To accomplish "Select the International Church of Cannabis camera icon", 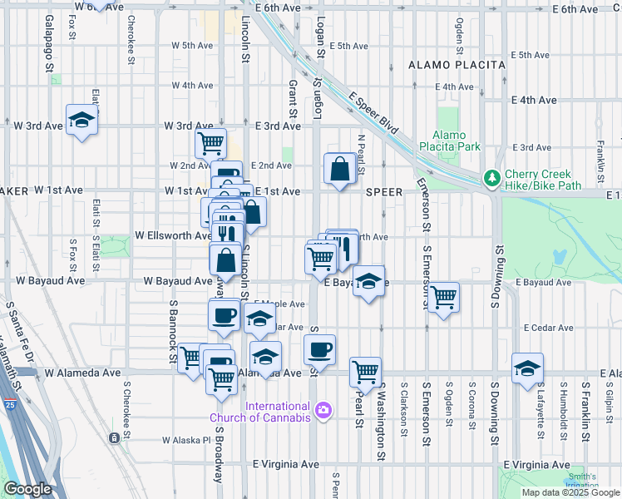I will (x=323, y=409).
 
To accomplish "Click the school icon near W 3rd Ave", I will (x=82, y=121).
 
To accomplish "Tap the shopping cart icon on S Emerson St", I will (x=443, y=296).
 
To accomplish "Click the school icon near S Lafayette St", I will (x=527, y=368).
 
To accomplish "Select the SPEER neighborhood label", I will (x=385, y=192).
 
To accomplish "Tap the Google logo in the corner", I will (x=28, y=489).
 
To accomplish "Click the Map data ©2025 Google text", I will (x=570, y=492).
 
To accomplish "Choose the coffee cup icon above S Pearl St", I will (x=318, y=349).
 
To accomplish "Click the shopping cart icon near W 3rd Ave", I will (x=210, y=142).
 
